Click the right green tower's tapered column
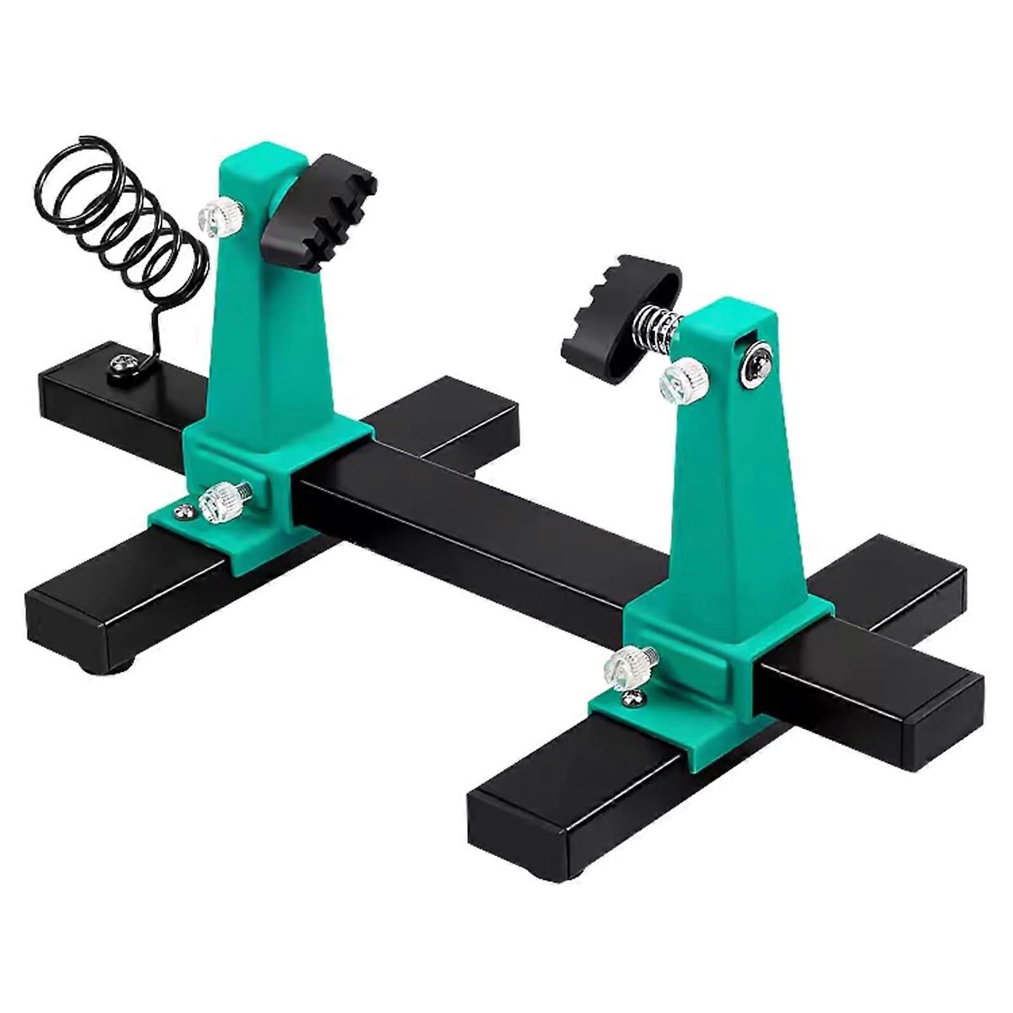pyautogui.click(x=741, y=494)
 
